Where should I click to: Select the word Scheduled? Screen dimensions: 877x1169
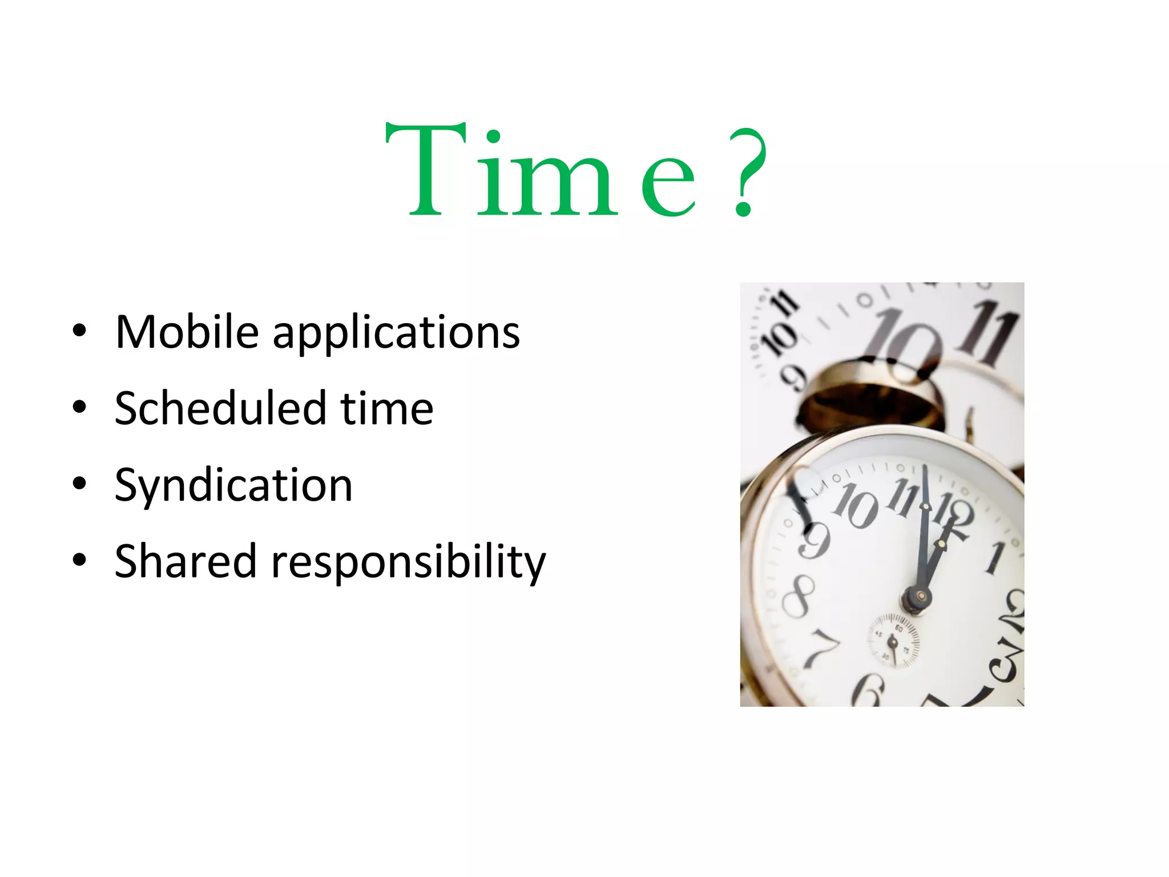click(220, 408)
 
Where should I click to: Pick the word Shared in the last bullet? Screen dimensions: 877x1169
click(186, 561)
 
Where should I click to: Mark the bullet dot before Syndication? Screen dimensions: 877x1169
click(79, 484)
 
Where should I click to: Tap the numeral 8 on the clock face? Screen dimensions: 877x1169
click(798, 596)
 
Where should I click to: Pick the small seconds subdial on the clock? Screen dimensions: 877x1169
click(894, 639)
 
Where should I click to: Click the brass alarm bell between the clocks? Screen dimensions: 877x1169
click(868, 394)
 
